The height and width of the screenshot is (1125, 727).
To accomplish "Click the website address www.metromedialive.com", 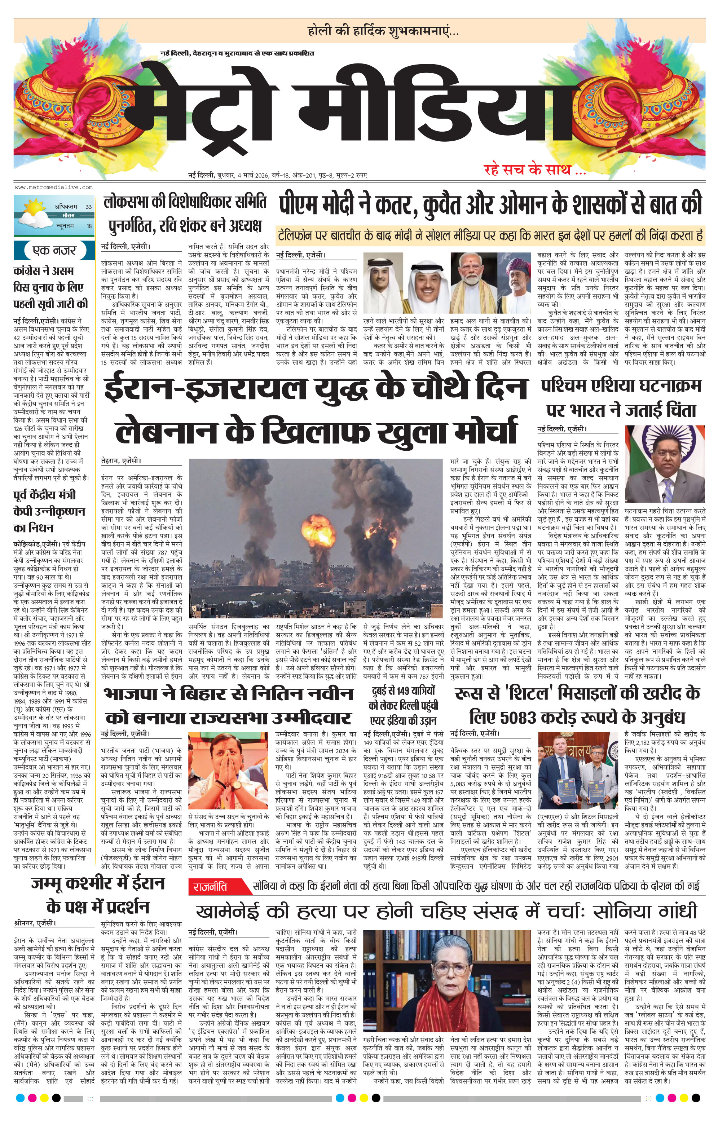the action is click(x=53, y=187).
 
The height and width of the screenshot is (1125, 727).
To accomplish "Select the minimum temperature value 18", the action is click(x=89, y=226).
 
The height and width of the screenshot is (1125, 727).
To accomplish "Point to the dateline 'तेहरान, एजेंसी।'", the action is click(x=121, y=460).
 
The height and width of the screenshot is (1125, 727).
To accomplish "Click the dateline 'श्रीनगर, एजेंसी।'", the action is click(x=35, y=923).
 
